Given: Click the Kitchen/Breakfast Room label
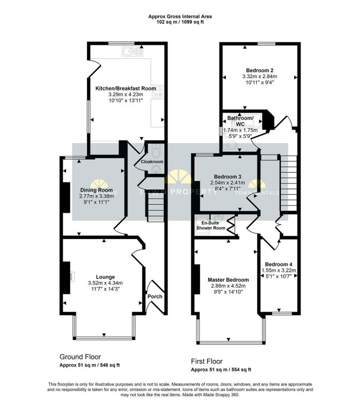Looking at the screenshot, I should [x=125, y=88].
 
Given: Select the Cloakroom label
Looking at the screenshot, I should [x=152, y=162].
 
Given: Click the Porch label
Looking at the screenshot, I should [x=155, y=296].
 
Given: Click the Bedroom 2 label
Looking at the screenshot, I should [x=259, y=70].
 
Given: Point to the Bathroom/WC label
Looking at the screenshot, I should [x=240, y=121].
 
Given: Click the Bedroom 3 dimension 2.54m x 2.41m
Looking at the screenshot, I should [x=228, y=183].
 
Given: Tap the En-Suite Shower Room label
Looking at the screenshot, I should [x=211, y=225].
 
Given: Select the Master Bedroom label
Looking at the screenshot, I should [x=228, y=280].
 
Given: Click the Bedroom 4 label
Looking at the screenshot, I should [x=278, y=264].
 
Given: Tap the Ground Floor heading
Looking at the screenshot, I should [x=80, y=356].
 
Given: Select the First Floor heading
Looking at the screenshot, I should [x=207, y=361].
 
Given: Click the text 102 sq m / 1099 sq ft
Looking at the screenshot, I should [x=180, y=22].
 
